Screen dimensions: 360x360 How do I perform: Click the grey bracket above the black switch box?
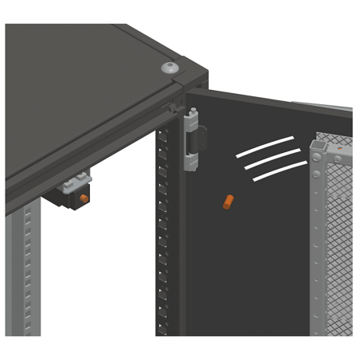pos(80,180)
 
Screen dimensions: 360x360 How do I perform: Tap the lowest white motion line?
pos(279,171)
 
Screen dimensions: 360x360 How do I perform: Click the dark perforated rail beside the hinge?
pos(164,239)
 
